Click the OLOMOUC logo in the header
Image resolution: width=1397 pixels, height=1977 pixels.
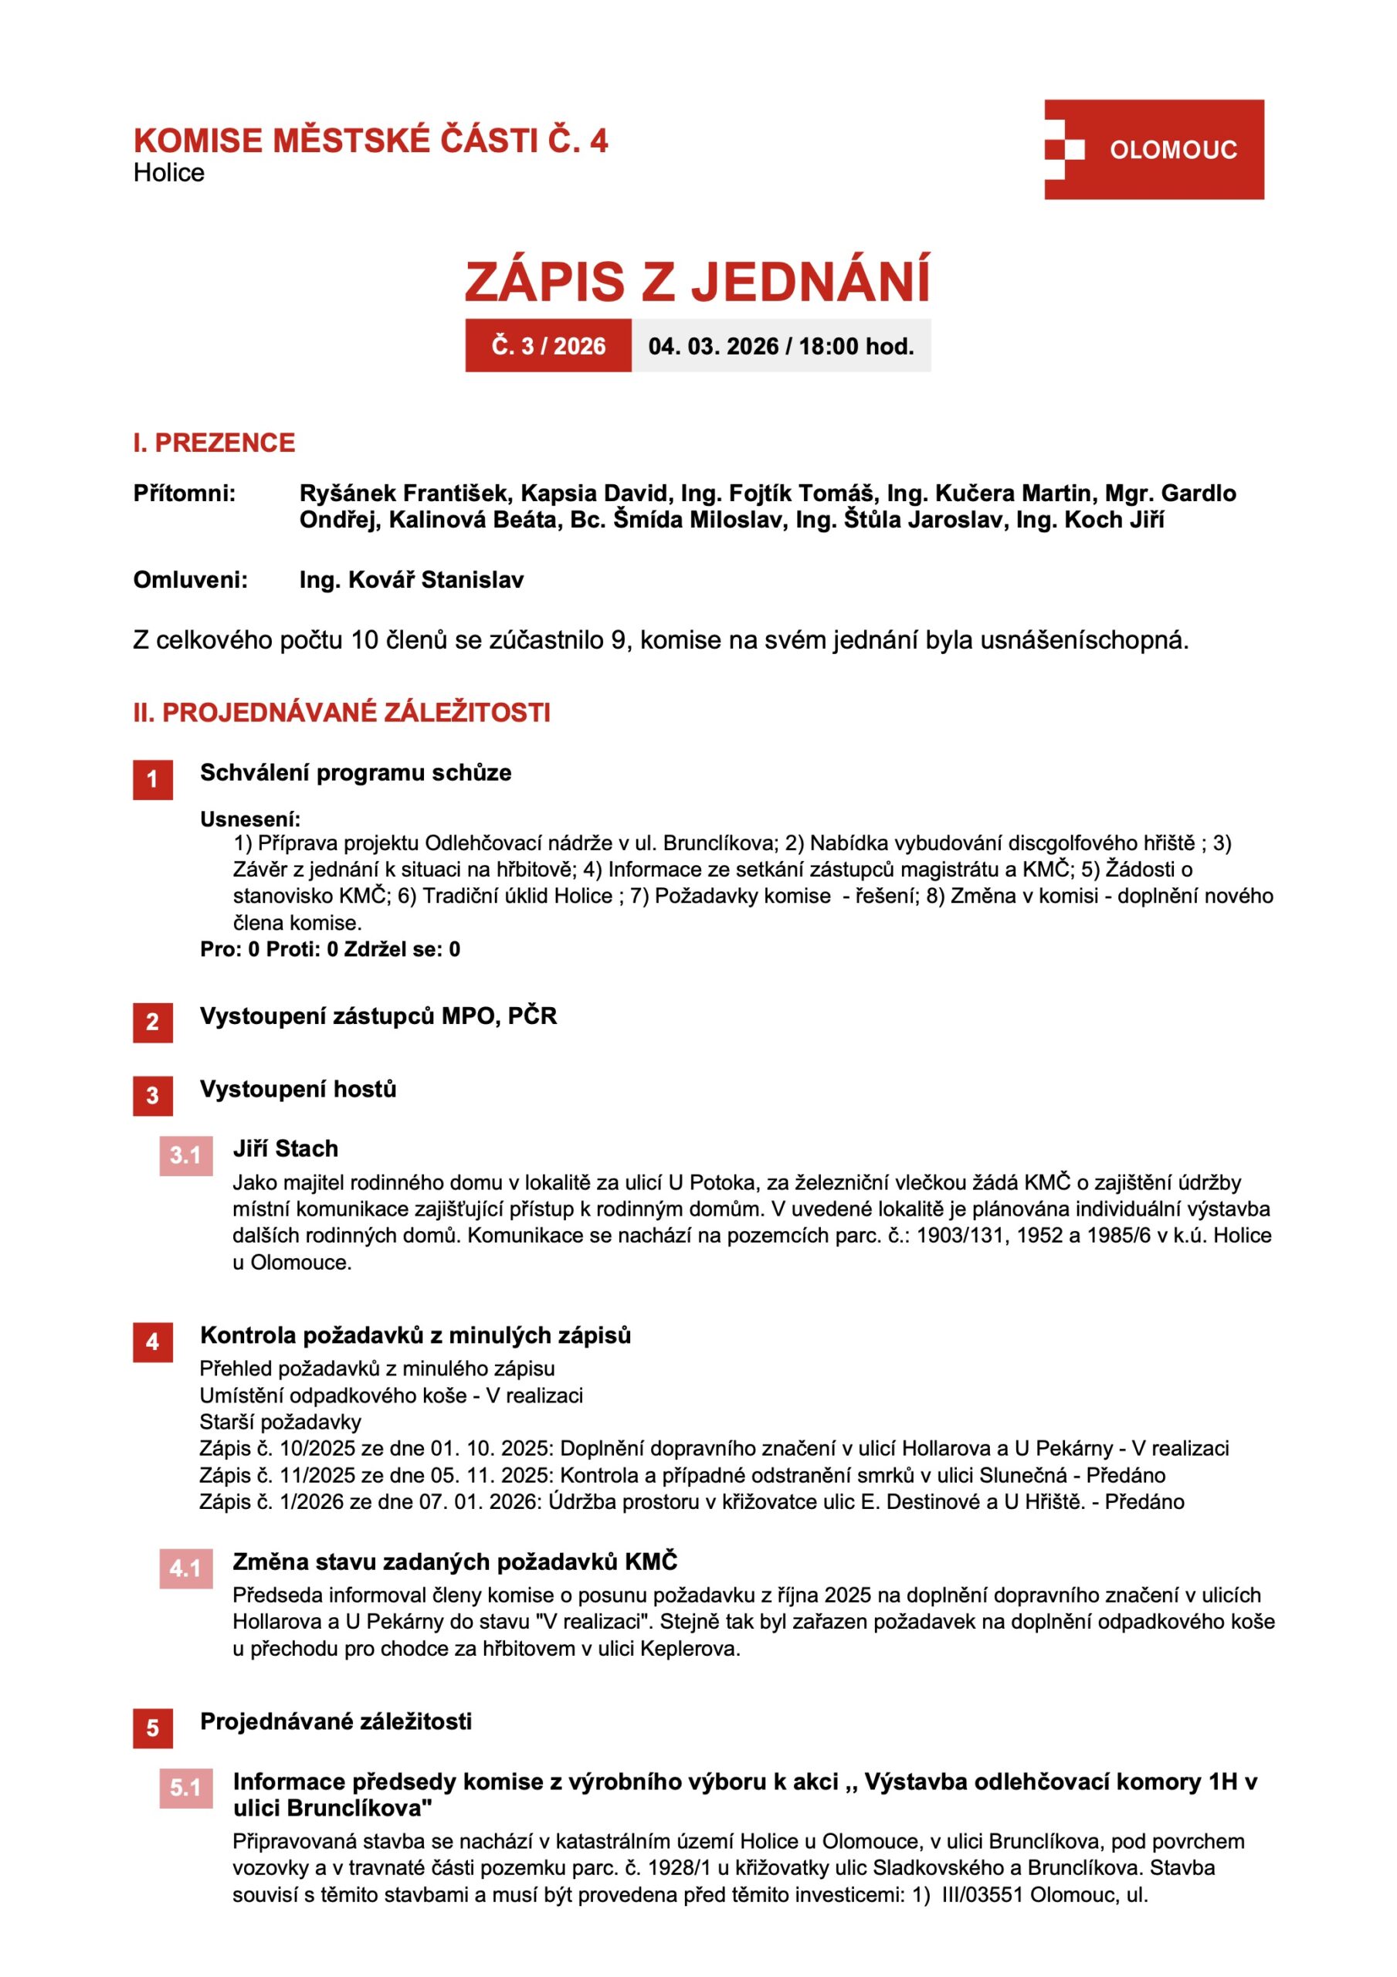1153,150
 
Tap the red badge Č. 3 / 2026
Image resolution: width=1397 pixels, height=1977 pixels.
548,346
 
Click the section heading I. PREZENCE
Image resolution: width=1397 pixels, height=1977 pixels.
214,443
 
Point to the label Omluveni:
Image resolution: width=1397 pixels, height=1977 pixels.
189,579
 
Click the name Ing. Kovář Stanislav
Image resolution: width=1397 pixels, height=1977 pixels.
411,579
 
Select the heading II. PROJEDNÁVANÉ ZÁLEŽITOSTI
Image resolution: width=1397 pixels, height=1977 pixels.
341,712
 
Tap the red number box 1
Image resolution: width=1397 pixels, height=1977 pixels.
152,779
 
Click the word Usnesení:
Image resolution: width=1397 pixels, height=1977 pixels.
249,819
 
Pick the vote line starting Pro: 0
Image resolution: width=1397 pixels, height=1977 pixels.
330,949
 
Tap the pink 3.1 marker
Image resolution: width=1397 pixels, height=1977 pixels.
185,1155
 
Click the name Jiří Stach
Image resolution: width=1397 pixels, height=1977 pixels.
285,1148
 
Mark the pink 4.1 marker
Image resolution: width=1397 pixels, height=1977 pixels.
185,1568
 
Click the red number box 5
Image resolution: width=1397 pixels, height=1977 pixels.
152,1728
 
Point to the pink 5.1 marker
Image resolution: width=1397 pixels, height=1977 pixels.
185,1788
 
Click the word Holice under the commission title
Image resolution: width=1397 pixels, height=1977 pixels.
169,172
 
